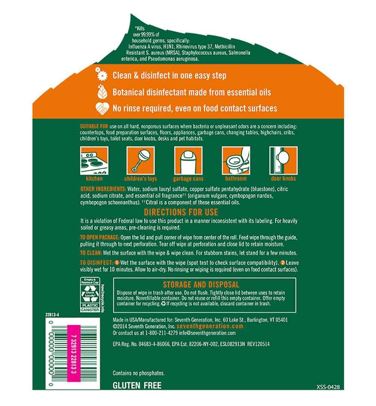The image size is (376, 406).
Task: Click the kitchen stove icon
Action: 94,161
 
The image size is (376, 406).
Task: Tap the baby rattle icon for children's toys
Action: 141,161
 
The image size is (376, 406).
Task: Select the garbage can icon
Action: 188,161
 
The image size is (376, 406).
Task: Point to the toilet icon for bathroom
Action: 236,161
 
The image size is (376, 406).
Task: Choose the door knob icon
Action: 284,161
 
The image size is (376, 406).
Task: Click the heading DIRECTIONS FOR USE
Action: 181,212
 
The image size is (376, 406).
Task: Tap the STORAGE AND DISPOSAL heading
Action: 201,285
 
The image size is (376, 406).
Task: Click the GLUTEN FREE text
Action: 137,386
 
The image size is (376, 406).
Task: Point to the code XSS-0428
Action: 328,387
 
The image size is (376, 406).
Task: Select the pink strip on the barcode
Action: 74,353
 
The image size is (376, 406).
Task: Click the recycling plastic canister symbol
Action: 90,295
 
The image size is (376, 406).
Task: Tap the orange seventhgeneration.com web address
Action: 210,326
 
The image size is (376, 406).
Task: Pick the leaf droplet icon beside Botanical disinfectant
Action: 102,91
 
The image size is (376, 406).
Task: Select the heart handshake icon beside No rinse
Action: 102,108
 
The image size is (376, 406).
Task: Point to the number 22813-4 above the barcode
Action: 52,315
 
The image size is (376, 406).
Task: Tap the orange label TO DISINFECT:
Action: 97,262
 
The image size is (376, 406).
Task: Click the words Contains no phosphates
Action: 138,373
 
